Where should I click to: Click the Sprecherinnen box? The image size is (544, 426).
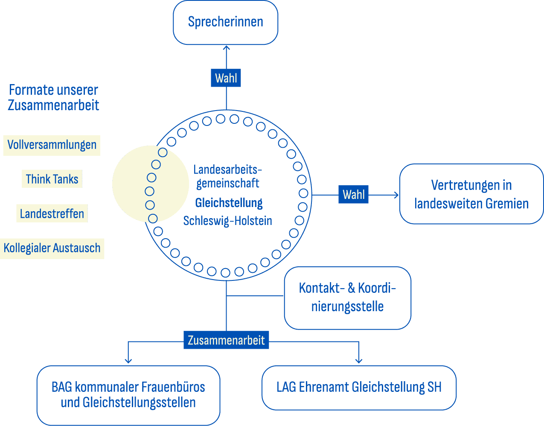[225, 22]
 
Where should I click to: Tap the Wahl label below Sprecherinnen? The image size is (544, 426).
[226, 78]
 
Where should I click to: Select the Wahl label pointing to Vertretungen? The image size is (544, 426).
[353, 195]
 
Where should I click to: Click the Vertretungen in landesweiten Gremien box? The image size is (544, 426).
[471, 194]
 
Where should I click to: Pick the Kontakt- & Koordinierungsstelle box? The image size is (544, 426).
[347, 298]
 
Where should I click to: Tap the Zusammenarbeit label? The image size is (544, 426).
[226, 340]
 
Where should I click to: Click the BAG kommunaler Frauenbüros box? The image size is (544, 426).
[128, 395]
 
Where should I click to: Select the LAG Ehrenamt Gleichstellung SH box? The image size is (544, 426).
[359, 388]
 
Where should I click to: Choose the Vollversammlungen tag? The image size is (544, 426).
[52, 145]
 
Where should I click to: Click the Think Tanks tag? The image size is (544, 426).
[52, 179]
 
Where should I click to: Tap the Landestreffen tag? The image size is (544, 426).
[52, 213]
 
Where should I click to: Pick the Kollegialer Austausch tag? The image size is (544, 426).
[52, 248]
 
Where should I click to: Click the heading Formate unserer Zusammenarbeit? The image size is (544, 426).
[53, 97]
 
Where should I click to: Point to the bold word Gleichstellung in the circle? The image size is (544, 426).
[229, 203]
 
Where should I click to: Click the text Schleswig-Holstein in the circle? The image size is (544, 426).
[227, 221]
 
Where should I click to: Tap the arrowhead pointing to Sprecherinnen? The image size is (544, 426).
[226, 48]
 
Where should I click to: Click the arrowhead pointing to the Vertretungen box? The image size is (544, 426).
[396, 195]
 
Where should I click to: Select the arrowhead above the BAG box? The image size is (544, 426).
[128, 361]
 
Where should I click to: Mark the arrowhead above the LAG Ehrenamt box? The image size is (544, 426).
[359, 361]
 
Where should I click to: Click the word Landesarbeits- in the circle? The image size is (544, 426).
[227, 169]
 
